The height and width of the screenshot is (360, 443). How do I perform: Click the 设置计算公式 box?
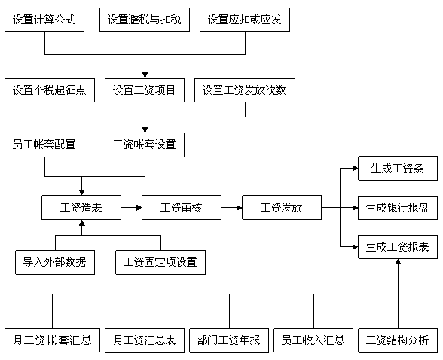(x=44, y=20)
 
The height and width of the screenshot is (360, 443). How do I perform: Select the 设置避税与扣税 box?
(x=145, y=20)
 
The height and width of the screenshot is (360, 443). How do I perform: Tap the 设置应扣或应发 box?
(x=245, y=20)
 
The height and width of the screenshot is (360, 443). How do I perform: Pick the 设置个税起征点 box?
(x=50, y=90)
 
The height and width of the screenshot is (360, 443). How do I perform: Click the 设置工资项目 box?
(x=145, y=90)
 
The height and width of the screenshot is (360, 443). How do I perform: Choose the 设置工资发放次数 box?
(x=245, y=90)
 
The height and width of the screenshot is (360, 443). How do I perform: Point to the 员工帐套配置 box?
(x=44, y=145)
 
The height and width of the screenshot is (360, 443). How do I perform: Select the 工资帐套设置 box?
(x=145, y=145)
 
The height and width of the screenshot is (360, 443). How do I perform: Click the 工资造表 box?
(x=81, y=208)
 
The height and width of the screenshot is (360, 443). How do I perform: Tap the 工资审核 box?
(x=182, y=208)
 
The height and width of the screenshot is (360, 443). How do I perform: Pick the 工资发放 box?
(x=282, y=208)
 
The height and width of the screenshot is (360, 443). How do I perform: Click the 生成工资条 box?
(x=398, y=168)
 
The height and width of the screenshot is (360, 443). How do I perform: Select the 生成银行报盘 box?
(x=398, y=208)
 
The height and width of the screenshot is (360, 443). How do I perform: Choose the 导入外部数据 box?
(x=55, y=262)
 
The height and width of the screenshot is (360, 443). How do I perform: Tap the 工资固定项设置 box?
(x=160, y=262)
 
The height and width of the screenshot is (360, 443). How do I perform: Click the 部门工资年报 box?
(x=229, y=340)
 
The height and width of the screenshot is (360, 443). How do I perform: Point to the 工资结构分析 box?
(x=398, y=340)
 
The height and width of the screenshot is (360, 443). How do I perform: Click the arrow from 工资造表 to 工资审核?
(x=131, y=208)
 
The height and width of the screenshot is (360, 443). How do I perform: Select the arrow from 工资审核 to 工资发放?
(x=232, y=208)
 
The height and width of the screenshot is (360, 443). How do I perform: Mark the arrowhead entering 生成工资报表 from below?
(x=398, y=262)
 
